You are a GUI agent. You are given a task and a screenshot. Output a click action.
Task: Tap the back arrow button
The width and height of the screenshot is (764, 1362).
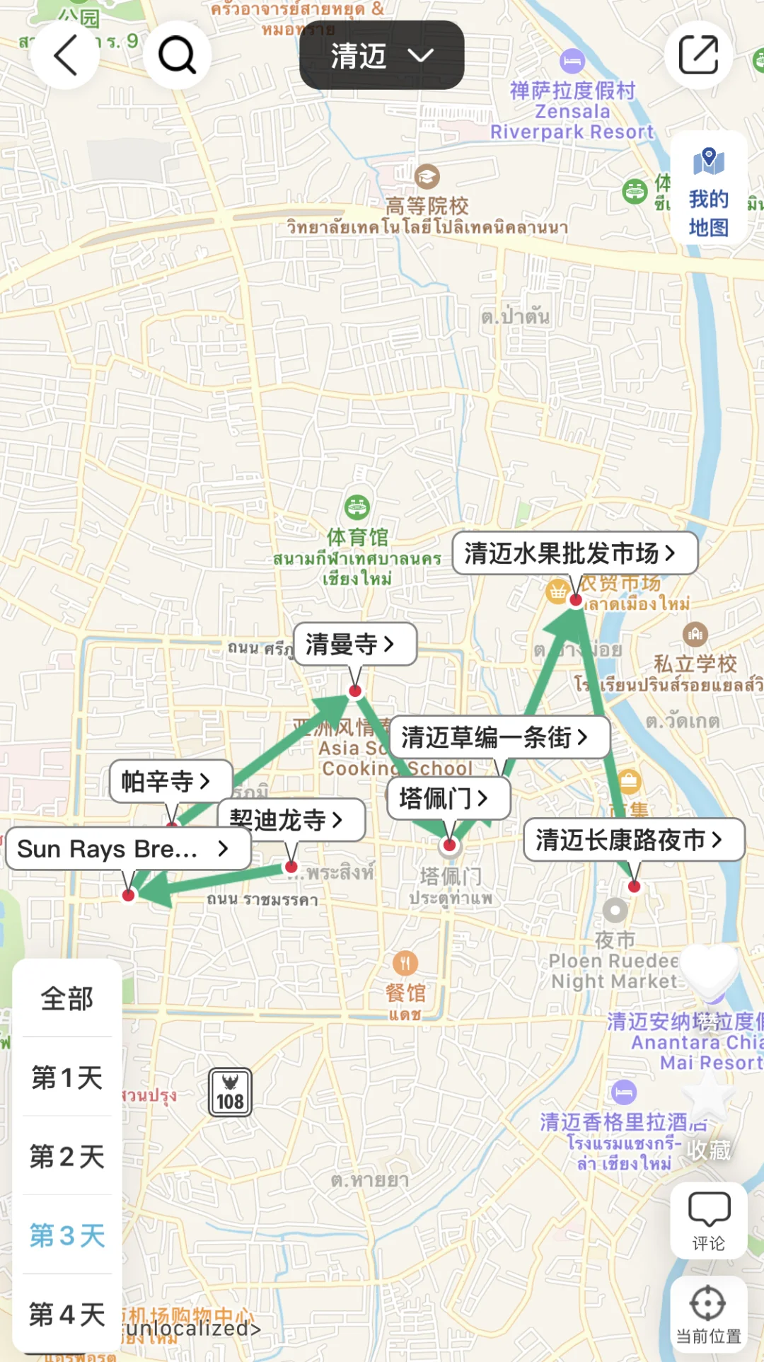(65, 55)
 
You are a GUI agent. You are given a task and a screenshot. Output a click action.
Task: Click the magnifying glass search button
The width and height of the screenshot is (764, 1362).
(177, 55)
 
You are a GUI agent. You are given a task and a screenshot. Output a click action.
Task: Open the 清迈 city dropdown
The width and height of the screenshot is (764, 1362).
(381, 55)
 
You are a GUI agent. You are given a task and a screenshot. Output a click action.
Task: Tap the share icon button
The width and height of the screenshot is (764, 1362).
(698, 55)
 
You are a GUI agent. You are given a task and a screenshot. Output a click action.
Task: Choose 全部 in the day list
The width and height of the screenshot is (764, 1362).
(67, 998)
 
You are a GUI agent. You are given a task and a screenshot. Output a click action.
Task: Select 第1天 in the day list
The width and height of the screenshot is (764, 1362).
(67, 1078)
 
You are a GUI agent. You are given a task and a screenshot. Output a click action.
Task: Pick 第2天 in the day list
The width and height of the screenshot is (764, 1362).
(67, 1157)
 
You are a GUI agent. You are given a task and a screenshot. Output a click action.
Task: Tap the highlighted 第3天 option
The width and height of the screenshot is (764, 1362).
(67, 1235)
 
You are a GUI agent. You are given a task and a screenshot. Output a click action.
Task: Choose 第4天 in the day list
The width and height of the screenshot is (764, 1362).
(67, 1315)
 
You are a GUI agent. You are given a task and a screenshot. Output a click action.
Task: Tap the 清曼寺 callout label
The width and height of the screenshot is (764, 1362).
(354, 644)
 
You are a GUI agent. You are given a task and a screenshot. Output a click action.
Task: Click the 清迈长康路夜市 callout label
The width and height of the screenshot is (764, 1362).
(634, 840)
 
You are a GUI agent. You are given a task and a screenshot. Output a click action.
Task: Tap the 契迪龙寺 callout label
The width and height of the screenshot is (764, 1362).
(291, 820)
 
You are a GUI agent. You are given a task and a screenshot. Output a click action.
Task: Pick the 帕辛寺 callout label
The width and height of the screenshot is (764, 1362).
(170, 781)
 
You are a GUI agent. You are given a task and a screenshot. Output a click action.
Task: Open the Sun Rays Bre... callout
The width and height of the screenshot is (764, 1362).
(128, 848)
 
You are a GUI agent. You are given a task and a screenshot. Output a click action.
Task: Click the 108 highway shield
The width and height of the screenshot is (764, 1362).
(230, 1092)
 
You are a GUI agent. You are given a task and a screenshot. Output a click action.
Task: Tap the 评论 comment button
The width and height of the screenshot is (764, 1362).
(708, 1220)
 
